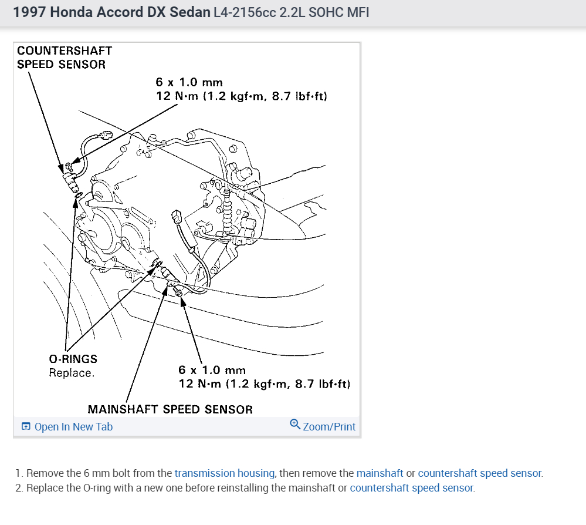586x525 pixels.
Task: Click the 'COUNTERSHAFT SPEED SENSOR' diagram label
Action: point(64,58)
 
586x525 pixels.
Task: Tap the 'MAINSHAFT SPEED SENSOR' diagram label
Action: point(170,409)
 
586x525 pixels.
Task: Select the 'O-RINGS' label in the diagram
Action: point(73,358)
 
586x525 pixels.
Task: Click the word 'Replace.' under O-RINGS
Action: point(71,372)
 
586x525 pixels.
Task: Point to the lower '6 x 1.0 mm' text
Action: point(212,370)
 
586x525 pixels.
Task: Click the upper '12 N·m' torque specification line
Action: point(241,96)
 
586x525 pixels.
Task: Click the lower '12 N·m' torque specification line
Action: point(264,384)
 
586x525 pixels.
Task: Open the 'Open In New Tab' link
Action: point(73,427)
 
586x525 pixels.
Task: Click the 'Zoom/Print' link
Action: point(329,427)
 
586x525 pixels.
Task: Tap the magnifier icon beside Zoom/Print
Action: point(295,425)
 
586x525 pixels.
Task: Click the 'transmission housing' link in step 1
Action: point(225,473)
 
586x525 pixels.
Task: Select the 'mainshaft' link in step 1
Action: point(380,473)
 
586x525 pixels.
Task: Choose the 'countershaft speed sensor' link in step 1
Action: point(480,473)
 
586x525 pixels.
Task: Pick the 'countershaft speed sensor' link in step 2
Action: point(412,488)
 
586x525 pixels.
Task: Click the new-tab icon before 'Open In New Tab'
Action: point(26,427)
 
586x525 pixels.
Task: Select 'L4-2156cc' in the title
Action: point(245,12)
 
